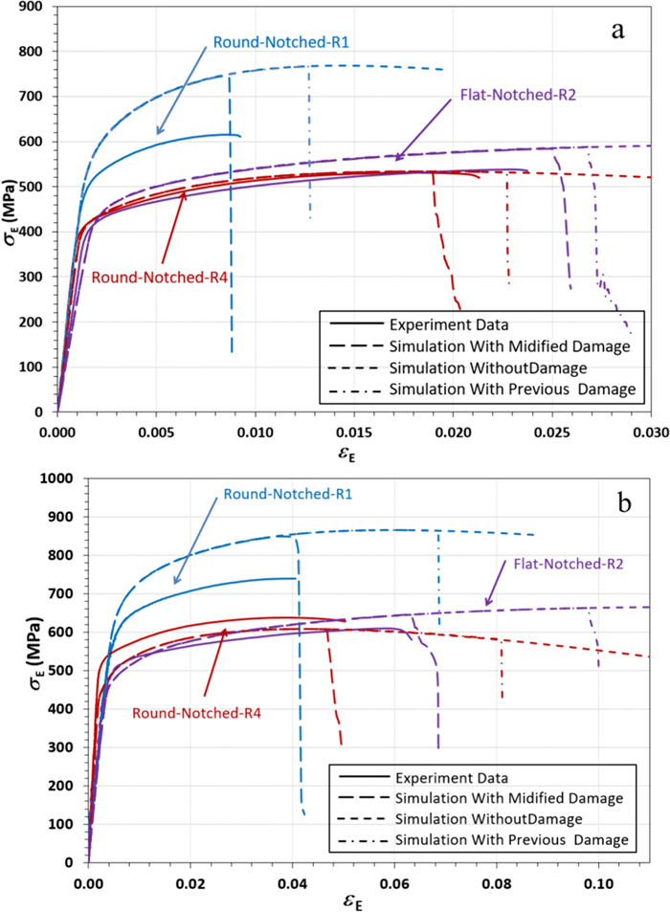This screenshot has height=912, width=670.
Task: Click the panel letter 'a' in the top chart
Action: click(618, 31)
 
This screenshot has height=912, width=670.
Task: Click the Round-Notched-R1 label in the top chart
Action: click(267, 43)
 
